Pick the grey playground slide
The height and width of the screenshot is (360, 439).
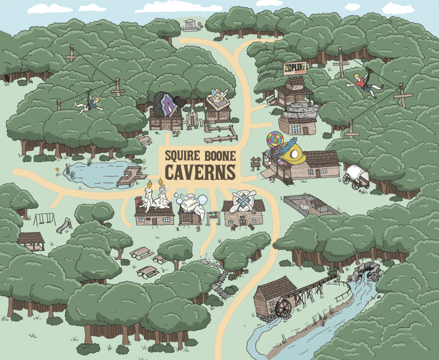coord(64,226)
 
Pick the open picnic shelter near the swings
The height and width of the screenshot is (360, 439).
coord(31,241)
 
